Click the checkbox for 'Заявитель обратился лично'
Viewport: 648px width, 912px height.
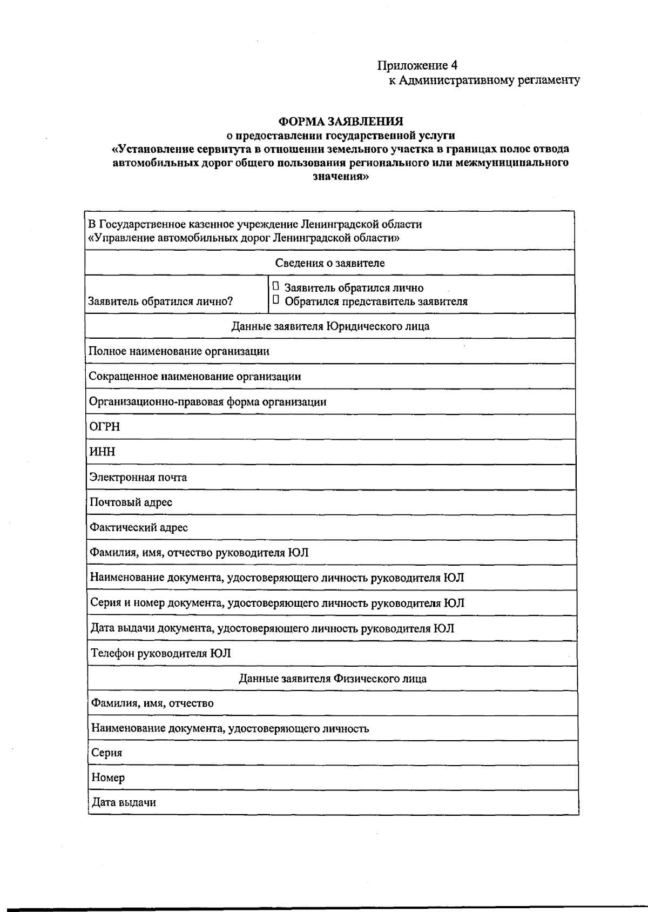point(276,286)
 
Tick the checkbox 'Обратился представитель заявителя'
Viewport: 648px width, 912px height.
point(276,300)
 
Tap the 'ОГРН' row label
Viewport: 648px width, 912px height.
point(105,427)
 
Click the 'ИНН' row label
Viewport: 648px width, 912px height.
point(102,452)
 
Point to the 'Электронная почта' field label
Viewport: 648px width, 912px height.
point(138,477)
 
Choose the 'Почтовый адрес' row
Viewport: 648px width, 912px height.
point(131,502)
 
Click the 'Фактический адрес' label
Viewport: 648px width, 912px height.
point(139,527)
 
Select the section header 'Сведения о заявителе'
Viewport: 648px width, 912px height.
point(330,263)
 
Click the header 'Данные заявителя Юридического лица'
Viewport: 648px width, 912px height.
point(330,326)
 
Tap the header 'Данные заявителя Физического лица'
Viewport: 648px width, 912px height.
point(333,679)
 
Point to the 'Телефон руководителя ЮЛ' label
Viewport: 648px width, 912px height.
point(161,653)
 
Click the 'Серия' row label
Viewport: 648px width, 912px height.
point(107,753)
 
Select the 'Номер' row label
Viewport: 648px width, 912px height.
point(108,777)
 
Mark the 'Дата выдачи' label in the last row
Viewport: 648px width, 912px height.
point(124,802)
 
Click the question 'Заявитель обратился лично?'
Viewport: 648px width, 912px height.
point(160,301)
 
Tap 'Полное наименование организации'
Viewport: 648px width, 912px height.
point(179,351)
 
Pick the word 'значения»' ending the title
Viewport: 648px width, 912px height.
point(341,176)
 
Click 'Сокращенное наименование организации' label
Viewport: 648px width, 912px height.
point(195,377)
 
